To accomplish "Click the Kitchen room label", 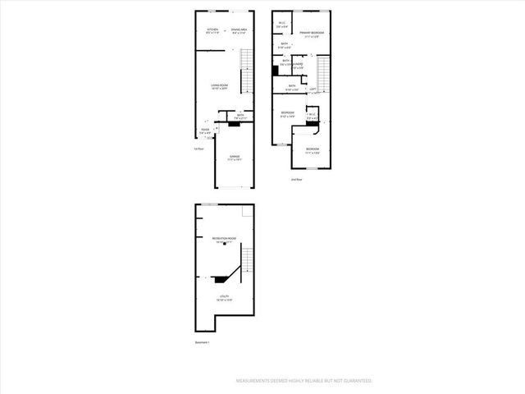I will click(212, 30).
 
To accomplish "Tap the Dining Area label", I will click(240, 30).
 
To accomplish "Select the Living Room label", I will click(219, 85).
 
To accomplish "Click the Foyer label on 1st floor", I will click(204, 129).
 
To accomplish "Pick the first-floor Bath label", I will click(241, 116).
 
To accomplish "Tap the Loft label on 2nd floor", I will click(313, 89).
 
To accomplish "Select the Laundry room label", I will click(299, 65).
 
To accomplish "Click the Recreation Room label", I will click(225, 239).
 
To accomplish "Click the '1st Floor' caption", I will click(199, 149).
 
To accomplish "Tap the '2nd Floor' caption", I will click(297, 178).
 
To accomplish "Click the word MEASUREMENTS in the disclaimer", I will click(257, 382).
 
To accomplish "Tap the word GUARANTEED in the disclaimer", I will click(354, 382).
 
